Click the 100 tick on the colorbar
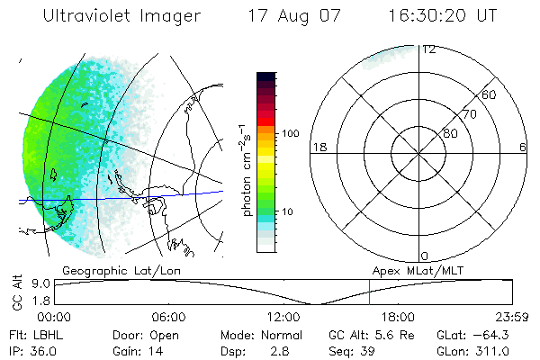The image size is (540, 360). pos(291,133)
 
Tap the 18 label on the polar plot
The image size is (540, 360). pos(318,147)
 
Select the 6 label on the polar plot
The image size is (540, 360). pos(523,147)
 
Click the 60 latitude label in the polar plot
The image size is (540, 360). pos(490,94)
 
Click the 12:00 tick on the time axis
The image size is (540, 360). pos(283,317)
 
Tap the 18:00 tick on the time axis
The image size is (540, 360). pos(398,317)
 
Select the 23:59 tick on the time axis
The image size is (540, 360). pos(512,317)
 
